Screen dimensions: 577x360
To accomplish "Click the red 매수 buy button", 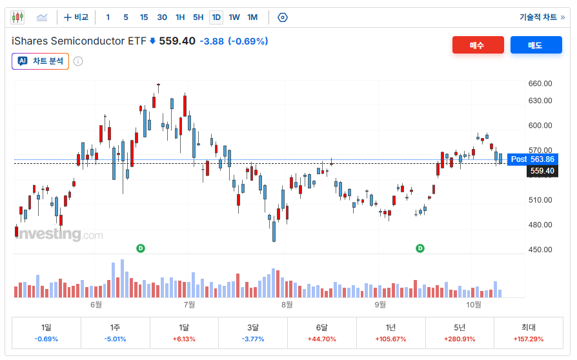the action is [478, 45].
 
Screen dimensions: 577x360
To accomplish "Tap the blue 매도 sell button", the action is [536, 45].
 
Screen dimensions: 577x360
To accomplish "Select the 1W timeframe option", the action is [234, 17].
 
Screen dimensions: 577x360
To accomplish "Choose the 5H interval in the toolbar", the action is [198, 17].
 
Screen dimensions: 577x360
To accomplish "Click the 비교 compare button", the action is [76, 17].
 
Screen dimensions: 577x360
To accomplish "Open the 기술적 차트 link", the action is [542, 17].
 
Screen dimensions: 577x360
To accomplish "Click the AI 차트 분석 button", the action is [41, 61].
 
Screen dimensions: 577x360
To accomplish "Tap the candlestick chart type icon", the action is [17, 17].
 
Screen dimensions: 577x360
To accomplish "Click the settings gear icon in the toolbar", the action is [282, 17].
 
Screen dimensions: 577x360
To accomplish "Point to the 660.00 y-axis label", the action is [540, 83].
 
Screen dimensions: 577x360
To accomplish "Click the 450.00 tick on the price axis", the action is [540, 250].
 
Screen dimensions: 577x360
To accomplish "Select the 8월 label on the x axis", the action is [287, 305].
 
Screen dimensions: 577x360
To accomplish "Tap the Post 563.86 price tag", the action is [532, 159].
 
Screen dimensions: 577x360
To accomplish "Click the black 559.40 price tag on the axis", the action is [542, 171].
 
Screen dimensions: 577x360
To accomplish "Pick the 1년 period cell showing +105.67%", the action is [391, 333].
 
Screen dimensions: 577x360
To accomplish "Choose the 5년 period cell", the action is [460, 333].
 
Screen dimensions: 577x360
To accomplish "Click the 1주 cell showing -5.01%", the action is [115, 333].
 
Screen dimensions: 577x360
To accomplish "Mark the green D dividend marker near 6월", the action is [141, 248].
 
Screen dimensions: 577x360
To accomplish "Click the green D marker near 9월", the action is [420, 248].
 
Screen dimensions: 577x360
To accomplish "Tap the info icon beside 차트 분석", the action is [78, 61].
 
